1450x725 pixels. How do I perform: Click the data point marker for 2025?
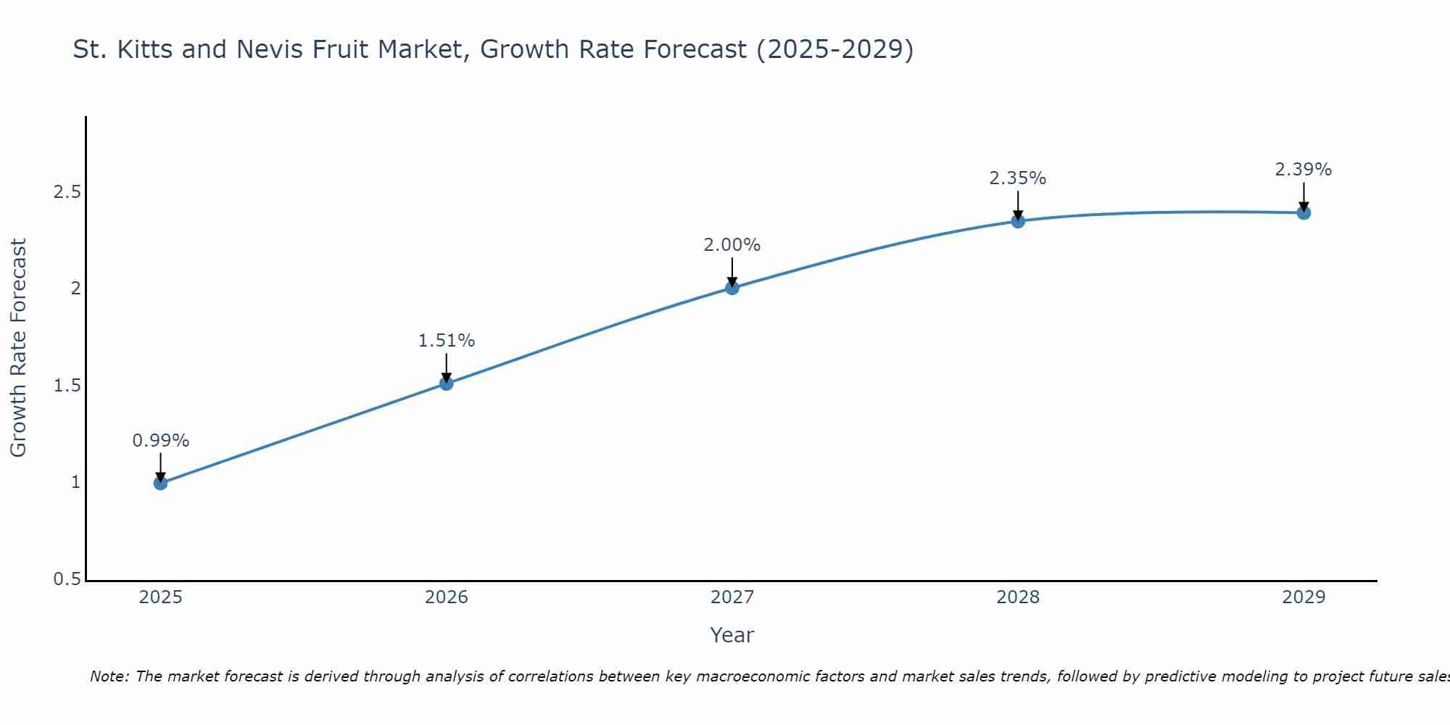click(x=161, y=483)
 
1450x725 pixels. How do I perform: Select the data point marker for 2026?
click(x=447, y=383)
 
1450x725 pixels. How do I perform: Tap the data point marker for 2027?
click(x=732, y=288)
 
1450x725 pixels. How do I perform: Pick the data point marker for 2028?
click(x=1018, y=221)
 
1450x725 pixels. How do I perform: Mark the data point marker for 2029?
click(x=1304, y=212)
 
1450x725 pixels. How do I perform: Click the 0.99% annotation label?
click(x=161, y=441)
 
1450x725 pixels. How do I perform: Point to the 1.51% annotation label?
click(x=447, y=341)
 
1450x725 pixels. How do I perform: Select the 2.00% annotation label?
click(x=732, y=245)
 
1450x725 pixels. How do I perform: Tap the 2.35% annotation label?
click(x=1018, y=178)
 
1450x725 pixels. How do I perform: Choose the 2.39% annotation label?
click(x=1304, y=170)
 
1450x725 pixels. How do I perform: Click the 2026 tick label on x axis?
click(x=447, y=597)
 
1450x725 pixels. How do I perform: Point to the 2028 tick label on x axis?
click(x=1018, y=597)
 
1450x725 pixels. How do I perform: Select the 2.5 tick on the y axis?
click(x=67, y=192)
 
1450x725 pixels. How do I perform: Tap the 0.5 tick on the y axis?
click(x=67, y=579)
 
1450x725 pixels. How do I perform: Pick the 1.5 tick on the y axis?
click(x=67, y=386)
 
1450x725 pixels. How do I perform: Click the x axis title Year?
click(x=732, y=635)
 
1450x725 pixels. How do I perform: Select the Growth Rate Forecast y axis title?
click(x=19, y=348)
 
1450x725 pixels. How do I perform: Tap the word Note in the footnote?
click(x=109, y=676)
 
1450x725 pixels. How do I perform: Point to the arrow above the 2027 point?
click(x=732, y=271)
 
